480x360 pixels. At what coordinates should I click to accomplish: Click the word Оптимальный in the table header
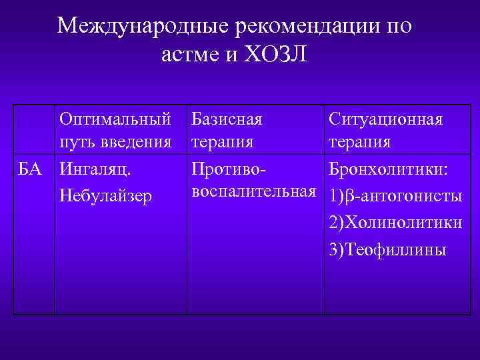115,119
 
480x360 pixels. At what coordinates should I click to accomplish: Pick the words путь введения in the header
115,143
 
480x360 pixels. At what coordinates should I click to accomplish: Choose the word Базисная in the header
227,119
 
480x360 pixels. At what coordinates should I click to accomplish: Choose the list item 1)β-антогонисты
395,197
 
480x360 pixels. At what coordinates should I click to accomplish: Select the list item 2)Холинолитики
395,223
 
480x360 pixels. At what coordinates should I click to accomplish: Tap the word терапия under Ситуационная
360,143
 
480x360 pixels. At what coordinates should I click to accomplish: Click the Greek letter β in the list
349,198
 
